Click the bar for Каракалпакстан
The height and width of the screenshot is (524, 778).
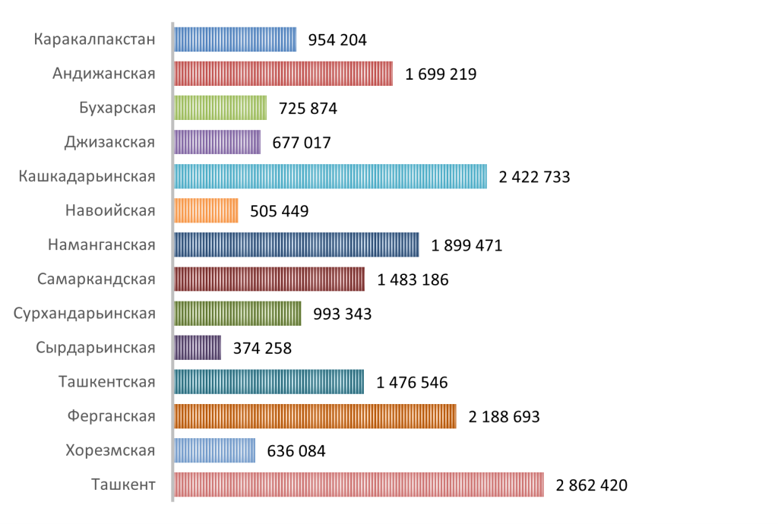(235, 39)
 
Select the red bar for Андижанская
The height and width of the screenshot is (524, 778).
(283, 74)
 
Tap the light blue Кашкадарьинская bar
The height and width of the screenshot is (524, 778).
(330, 177)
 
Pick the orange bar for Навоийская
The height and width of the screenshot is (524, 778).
(206, 210)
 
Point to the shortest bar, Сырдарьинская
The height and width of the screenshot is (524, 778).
(198, 348)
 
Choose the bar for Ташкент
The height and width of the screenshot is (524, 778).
(359, 485)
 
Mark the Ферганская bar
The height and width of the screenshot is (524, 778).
(315, 416)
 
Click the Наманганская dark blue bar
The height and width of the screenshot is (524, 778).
(296, 245)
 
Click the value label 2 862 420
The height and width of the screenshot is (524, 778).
(592, 485)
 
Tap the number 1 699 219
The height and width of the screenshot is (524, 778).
(441, 74)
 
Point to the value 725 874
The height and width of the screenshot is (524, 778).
(308, 109)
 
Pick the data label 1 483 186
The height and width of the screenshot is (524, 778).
(413, 280)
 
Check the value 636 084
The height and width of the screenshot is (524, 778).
(296, 451)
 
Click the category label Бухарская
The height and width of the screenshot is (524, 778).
(117, 108)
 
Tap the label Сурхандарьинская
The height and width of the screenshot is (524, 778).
(84, 314)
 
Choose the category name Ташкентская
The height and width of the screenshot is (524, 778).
(107, 382)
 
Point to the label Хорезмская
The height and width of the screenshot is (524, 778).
(112, 450)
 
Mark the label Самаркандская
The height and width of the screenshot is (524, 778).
(96, 279)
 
